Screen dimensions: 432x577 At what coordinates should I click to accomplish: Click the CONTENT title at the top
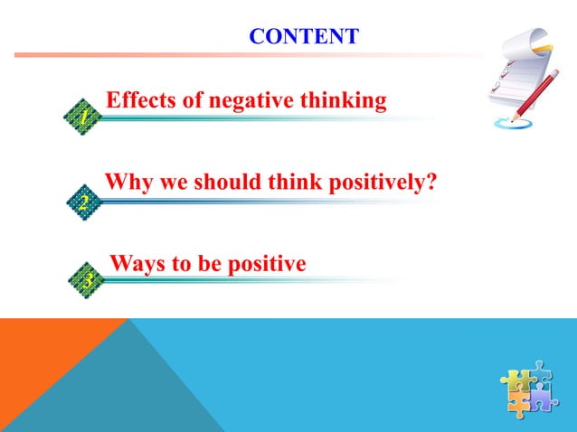click(304, 37)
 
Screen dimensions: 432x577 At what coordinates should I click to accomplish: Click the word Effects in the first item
click(139, 100)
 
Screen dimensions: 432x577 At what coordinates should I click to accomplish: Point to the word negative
click(246, 100)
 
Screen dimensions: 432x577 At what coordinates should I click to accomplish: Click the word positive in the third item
click(263, 265)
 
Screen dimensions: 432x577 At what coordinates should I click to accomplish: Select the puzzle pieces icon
click(529, 390)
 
